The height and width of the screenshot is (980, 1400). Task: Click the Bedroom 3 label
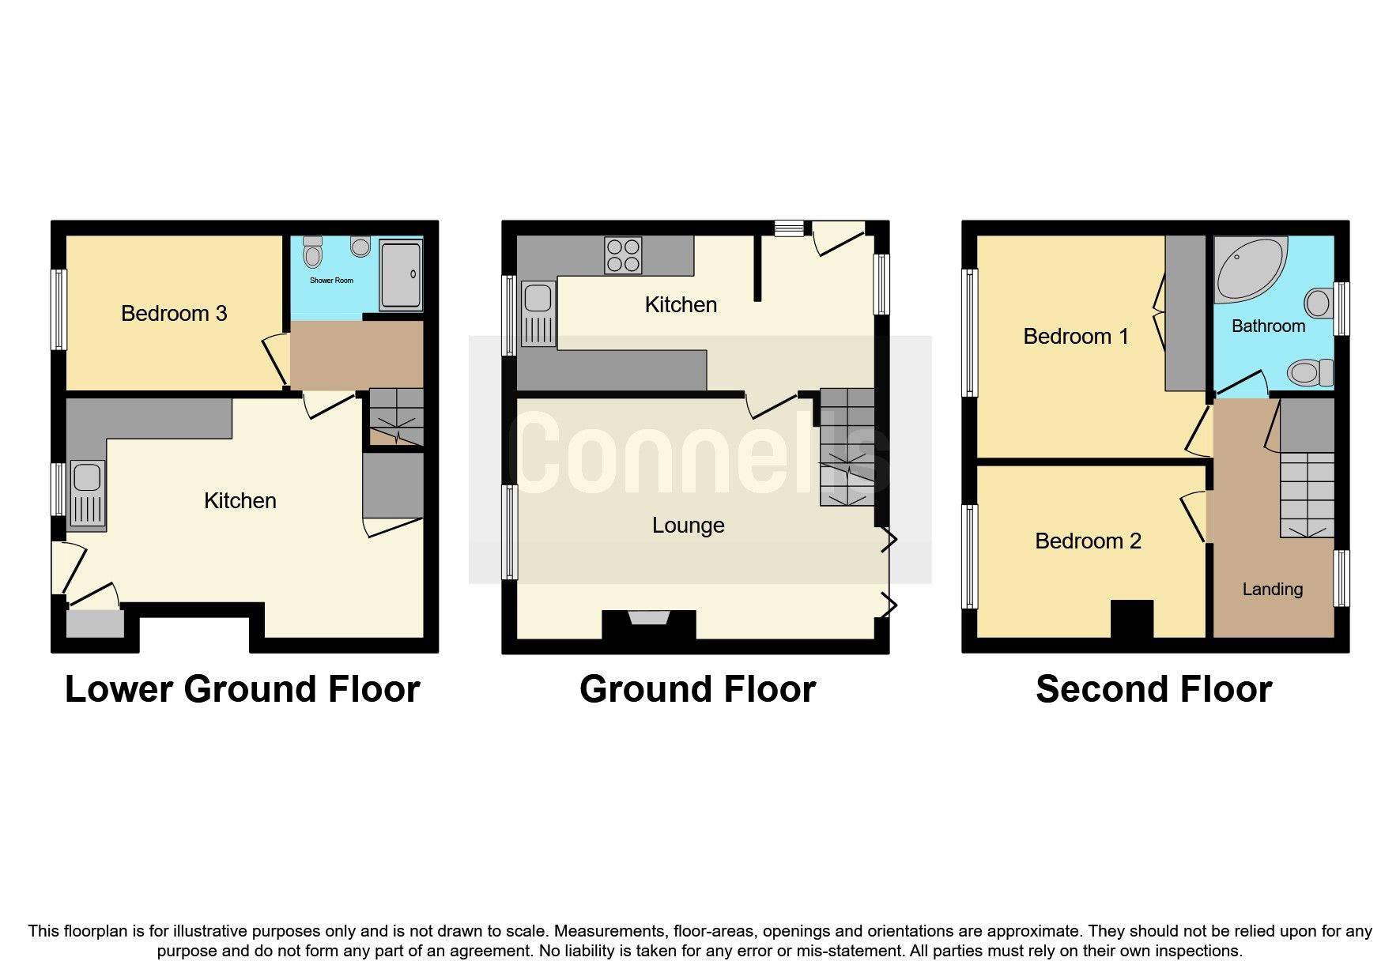[x=174, y=314]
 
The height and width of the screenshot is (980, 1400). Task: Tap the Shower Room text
[x=331, y=281]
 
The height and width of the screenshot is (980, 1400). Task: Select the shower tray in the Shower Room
[x=402, y=274]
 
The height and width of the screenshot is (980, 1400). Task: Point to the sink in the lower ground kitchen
[x=87, y=494]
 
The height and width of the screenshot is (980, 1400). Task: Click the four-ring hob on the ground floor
[x=623, y=255]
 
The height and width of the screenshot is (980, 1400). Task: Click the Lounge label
[x=688, y=526]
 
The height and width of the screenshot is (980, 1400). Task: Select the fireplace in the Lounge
[x=648, y=620]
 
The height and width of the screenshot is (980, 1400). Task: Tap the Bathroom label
[x=1268, y=326]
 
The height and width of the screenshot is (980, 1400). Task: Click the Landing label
[x=1272, y=590]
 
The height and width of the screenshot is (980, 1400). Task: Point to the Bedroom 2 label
[x=1088, y=541]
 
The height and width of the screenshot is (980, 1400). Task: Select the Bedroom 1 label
[x=1075, y=337]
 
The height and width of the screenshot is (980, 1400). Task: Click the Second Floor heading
[x=1153, y=689]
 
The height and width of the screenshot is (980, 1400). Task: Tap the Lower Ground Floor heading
[x=242, y=689]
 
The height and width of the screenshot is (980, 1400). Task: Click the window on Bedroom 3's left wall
[x=58, y=310]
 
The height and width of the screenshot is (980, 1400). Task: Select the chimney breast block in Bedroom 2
[x=1132, y=619]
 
